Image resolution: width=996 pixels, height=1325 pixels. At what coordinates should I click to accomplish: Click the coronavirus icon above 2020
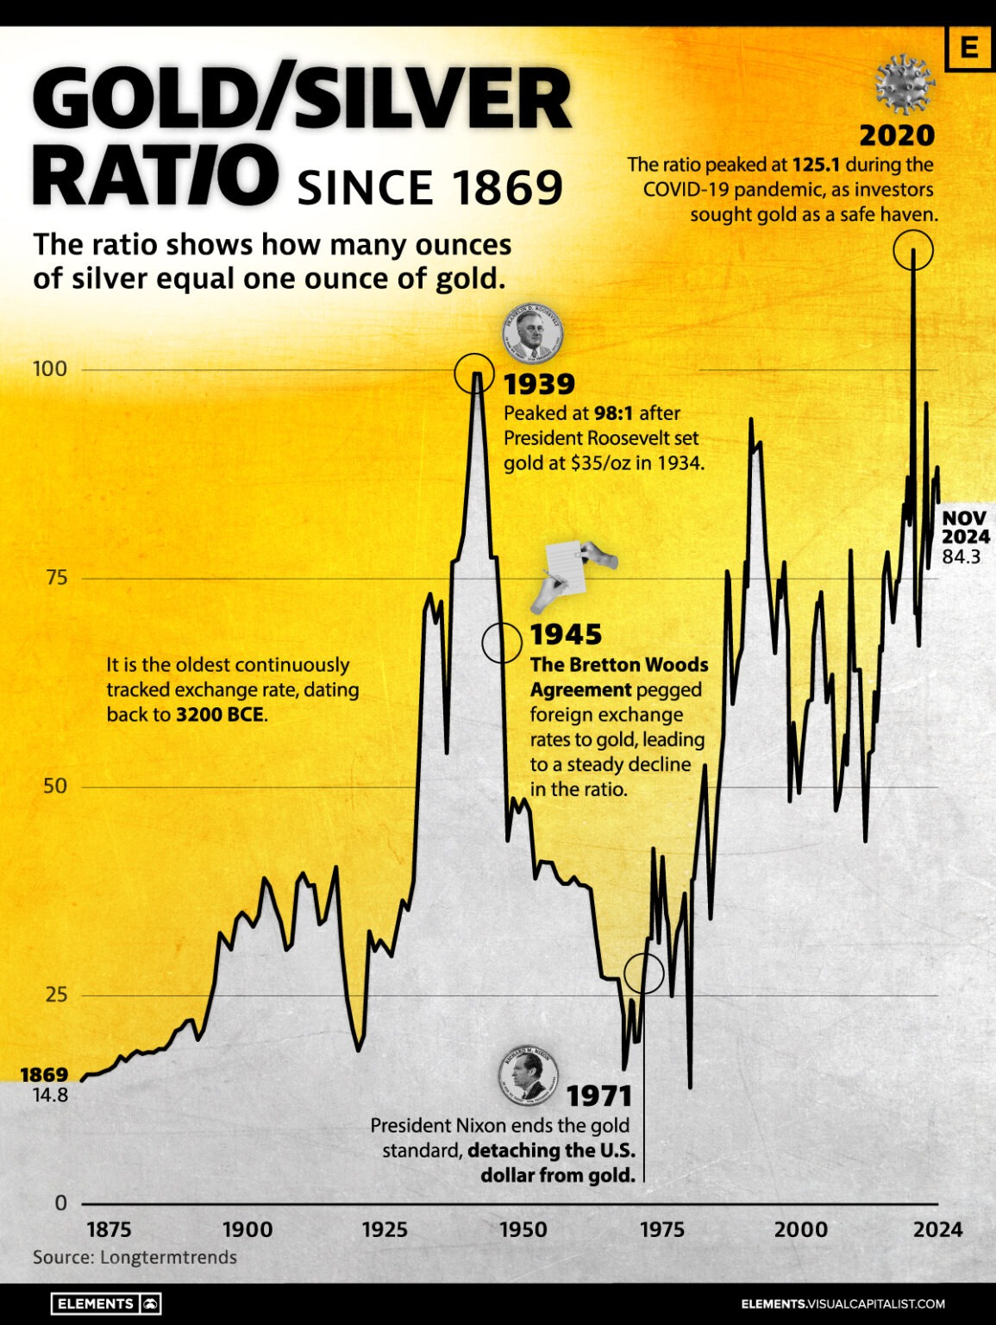tap(904, 84)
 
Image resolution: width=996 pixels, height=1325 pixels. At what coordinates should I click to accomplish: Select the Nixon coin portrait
tap(528, 1077)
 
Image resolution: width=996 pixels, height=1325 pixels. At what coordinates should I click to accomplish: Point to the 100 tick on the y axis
tap(49, 369)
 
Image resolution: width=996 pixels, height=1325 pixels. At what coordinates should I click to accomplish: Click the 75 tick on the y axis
tap(55, 577)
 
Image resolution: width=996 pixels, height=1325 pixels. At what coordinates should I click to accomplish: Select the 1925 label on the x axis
tap(385, 1229)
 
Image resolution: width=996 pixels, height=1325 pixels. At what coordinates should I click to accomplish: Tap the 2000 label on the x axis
tap(800, 1229)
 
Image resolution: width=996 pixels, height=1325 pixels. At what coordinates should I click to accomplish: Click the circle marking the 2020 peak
tap(912, 250)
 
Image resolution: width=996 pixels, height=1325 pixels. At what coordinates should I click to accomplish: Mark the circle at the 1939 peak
tap(473, 373)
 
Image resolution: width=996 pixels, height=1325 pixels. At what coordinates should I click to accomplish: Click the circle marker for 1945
tap(501, 643)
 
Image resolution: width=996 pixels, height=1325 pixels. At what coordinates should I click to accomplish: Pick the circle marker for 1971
tap(643, 973)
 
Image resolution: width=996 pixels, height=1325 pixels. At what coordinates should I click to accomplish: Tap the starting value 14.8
tap(50, 1096)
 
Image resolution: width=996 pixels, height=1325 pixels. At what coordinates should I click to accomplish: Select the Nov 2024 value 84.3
tap(961, 557)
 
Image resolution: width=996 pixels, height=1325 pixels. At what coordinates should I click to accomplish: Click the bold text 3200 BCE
tap(221, 715)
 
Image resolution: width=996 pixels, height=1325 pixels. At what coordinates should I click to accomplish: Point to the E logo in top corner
tap(968, 48)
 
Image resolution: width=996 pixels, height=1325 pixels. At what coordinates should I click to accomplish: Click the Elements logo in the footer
tap(106, 1303)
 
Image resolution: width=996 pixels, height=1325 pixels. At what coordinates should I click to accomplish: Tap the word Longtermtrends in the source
tap(168, 1257)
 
